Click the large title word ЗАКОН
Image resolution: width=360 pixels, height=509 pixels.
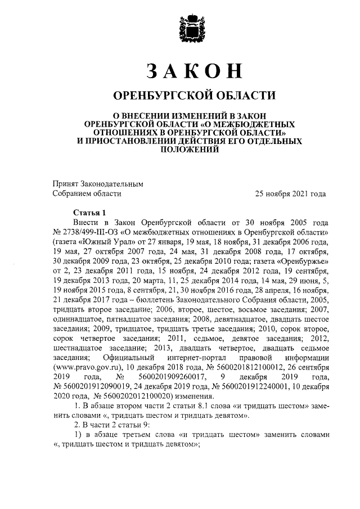click(193, 70)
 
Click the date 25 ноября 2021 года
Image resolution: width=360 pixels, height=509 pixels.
click(290, 193)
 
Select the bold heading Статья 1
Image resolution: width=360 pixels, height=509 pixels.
click(89, 213)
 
